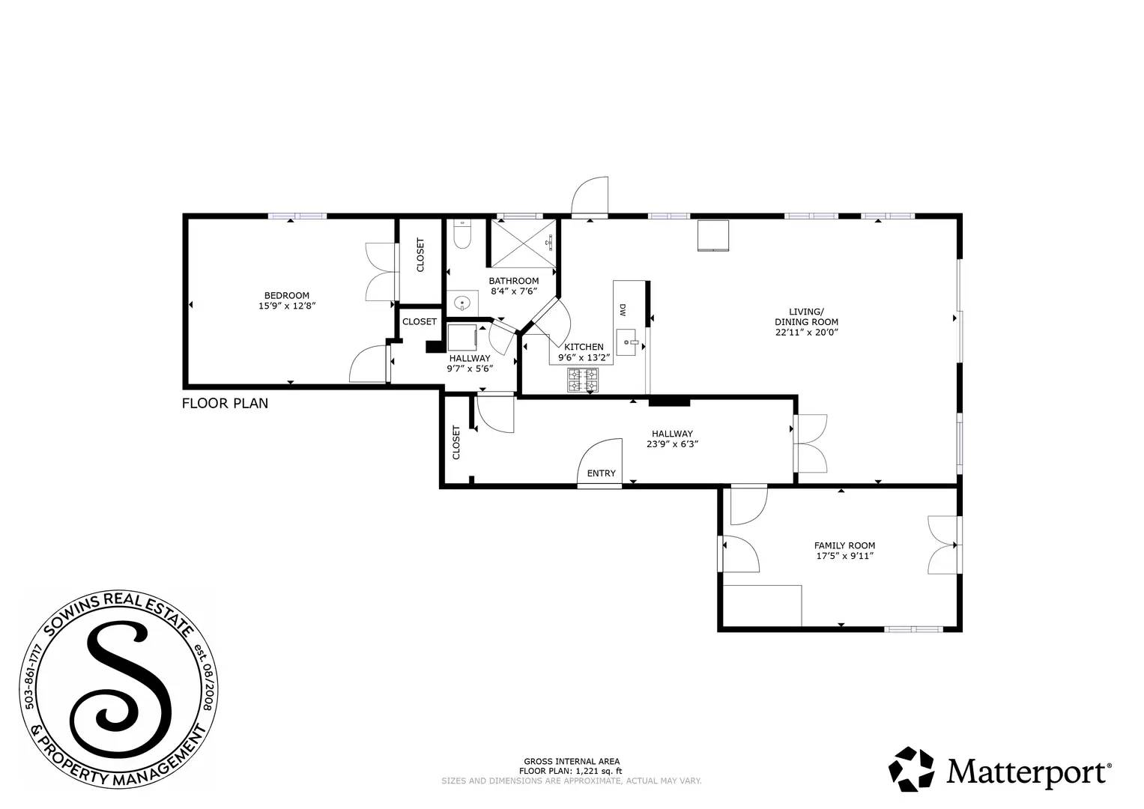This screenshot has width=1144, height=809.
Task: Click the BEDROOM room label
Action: coord(286,295)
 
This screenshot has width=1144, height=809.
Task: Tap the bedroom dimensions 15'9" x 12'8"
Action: coord(286,306)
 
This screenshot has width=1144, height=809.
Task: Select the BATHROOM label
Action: coord(514,281)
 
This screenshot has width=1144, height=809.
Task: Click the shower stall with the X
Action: coord(524,243)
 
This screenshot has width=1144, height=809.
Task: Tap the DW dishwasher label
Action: coord(622,309)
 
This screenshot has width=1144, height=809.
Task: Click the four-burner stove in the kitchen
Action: coord(583,380)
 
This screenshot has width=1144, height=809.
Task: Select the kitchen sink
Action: coord(626,342)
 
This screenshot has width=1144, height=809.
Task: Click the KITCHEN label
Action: coord(584,347)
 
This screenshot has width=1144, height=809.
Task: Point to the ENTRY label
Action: coord(601,473)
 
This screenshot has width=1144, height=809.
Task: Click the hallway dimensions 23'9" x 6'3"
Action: coord(672,443)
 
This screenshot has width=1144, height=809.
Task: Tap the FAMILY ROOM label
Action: coord(844,545)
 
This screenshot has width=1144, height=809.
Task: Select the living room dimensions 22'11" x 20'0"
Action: coord(806,333)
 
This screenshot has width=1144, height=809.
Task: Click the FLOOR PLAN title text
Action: coord(225,404)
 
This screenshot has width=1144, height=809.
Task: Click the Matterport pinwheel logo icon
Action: coord(912,769)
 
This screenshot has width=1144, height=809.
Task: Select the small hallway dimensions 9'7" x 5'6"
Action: coord(470,369)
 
